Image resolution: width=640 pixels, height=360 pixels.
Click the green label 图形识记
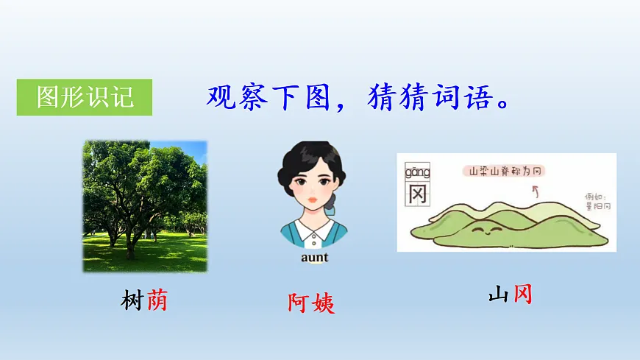(x=85, y=97)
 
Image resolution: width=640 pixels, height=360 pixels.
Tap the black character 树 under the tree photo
(x=132, y=300)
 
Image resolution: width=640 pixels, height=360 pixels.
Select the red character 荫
(x=157, y=300)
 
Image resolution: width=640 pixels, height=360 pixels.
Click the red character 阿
(x=299, y=303)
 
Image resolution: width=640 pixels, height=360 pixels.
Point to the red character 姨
(x=323, y=303)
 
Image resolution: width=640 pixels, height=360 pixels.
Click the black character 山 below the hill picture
(x=498, y=296)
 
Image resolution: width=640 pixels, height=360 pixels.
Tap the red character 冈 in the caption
(x=522, y=296)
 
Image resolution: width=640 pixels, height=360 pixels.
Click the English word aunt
(x=314, y=258)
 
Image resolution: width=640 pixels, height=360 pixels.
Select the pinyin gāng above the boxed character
(x=417, y=173)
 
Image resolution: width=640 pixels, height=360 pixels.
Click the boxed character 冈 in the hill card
(x=417, y=194)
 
